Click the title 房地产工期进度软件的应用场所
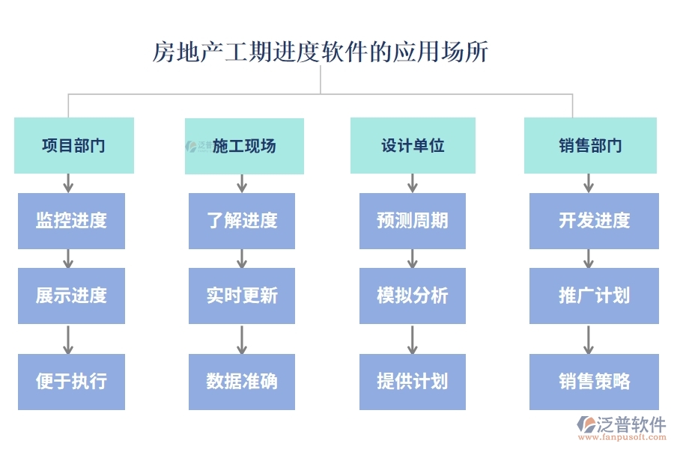click(321, 52)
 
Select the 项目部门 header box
click(73, 145)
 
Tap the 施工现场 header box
click(244, 146)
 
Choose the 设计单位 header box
click(413, 145)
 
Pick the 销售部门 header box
click(590, 145)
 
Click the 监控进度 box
click(71, 221)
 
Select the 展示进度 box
click(71, 296)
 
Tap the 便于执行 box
click(71, 382)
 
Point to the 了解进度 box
click(242, 221)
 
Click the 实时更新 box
click(242, 296)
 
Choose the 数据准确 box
click(242, 382)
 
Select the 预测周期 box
click(413, 221)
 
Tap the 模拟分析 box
click(413, 296)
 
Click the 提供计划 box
click(413, 382)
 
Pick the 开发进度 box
click(594, 221)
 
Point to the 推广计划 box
click(594, 296)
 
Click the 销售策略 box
click(594, 382)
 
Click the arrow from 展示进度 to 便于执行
click(68, 339)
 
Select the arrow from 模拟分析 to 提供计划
click(413, 339)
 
